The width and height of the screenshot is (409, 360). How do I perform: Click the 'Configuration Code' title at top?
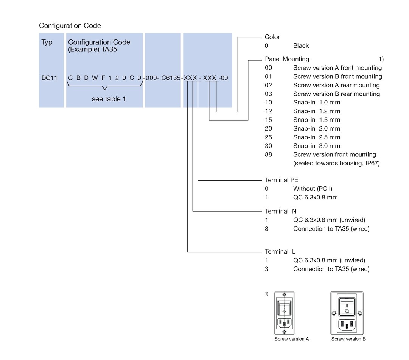70,26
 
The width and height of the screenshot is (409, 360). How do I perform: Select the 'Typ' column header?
47,42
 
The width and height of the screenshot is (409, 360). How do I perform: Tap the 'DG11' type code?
49,78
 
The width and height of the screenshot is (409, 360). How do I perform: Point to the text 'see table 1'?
109,99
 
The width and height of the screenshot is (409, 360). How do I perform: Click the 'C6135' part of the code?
171,78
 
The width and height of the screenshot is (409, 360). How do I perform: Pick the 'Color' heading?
272,37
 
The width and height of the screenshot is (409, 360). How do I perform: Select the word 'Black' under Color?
301,46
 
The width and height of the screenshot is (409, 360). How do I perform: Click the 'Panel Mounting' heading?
287,59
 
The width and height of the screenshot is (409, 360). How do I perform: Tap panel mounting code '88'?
268,154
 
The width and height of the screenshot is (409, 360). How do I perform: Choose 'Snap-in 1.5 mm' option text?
317,120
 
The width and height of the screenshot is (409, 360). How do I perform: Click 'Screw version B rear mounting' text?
336,94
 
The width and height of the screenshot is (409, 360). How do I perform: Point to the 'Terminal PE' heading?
281,180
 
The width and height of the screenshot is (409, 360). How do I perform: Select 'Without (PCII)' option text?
313,189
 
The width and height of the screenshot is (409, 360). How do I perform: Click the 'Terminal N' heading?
281,211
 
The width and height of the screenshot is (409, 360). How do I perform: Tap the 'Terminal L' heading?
280,251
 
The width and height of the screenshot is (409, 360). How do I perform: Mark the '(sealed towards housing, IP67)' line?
336,163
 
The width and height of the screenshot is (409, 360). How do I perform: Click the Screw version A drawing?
284,313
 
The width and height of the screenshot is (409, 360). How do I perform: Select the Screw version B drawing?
347,313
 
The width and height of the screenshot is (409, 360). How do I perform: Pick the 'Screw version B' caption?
348,339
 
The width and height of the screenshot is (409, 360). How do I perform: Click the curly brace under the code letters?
104,86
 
